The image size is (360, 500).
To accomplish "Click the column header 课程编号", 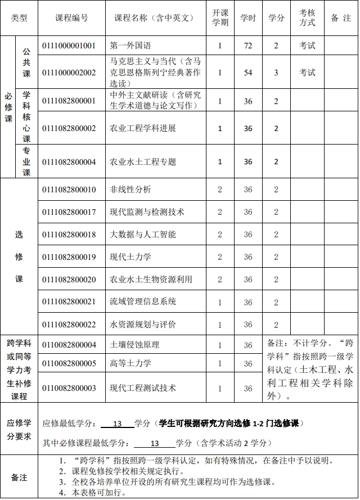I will pyautogui.click(x=71, y=18).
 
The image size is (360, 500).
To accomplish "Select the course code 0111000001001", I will pyautogui.click(x=69, y=46).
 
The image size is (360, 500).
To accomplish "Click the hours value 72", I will pyautogui.click(x=248, y=46).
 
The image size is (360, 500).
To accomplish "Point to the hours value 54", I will pyautogui.click(x=248, y=73).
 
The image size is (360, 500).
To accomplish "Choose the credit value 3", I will pyautogui.click(x=276, y=73).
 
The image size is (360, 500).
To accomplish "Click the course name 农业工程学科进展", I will pyautogui.click(x=143, y=128).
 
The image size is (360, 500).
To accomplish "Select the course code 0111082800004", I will pyautogui.click(x=69, y=162).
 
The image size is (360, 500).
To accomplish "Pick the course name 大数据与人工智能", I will pyautogui.click(x=143, y=235).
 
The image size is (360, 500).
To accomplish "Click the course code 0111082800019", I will pyautogui.click(x=69, y=257).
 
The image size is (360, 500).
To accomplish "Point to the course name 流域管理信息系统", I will pyautogui.click(x=143, y=302).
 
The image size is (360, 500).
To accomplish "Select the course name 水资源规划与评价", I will pyautogui.click(x=143, y=325).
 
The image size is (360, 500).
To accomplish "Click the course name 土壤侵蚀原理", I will pyautogui.click(x=134, y=345).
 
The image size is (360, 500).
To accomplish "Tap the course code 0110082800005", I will pyautogui.click(x=69, y=363).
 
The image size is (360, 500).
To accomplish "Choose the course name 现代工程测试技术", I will pyautogui.click(x=143, y=388).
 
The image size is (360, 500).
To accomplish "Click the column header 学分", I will pyautogui.click(x=276, y=18).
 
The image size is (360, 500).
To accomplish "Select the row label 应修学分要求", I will pyautogui.click(x=19, y=429).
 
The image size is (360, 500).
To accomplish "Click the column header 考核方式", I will pyautogui.click(x=307, y=18).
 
